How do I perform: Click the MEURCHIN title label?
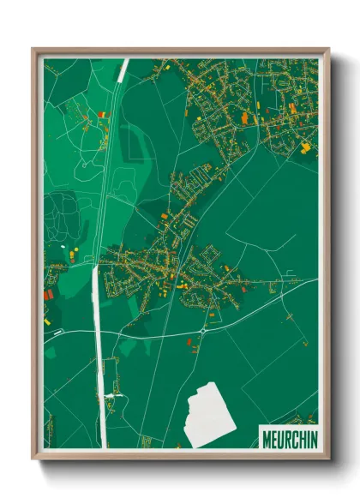coord(288,437)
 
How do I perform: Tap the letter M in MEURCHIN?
coord(265,437)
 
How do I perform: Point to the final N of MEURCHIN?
coord(313,437)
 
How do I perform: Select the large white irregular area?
coord(210,416)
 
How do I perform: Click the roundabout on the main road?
coord(203,331)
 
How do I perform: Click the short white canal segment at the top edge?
coord(123,69)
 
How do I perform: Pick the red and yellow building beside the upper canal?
coord(104,115)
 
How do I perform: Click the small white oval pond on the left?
coord(63,249)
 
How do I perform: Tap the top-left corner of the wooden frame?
coord(33,50)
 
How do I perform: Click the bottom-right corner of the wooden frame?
coord(328,459)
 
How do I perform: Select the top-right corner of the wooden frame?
coord(328,50)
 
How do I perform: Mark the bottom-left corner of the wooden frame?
coord(33,459)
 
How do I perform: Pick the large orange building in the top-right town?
coord(244,117)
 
